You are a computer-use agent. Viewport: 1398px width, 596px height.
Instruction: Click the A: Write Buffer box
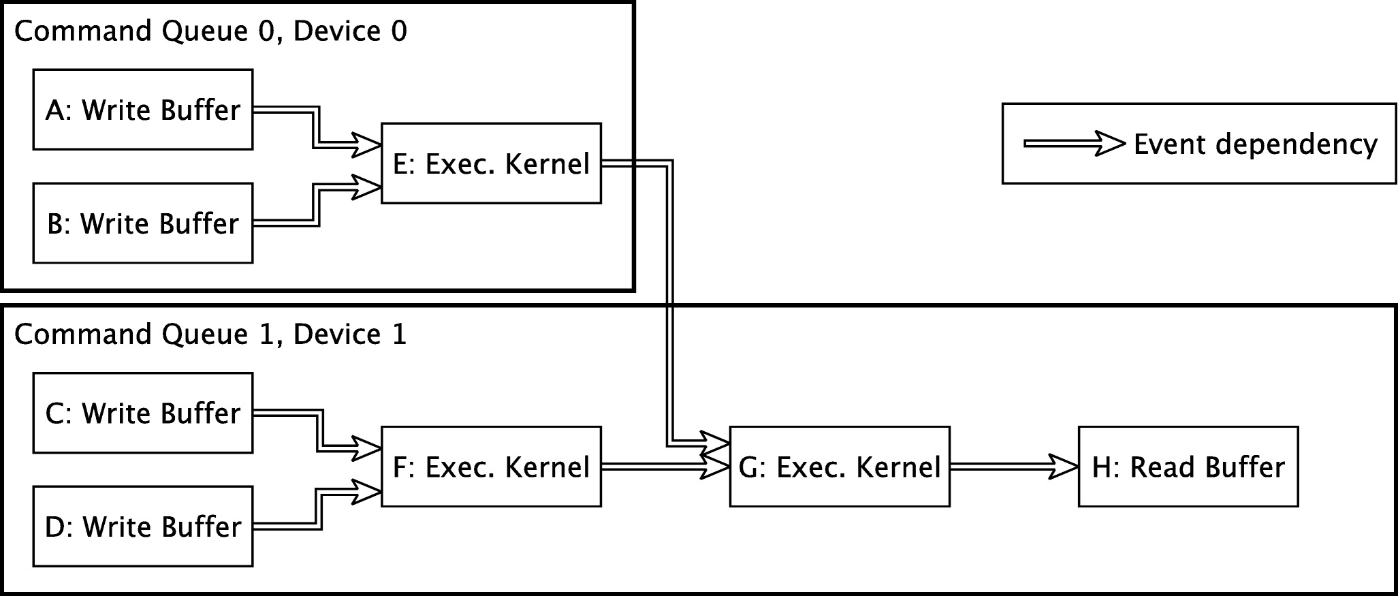(x=143, y=110)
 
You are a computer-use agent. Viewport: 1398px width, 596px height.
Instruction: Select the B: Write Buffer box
(x=143, y=223)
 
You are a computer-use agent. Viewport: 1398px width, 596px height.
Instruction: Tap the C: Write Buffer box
(x=143, y=413)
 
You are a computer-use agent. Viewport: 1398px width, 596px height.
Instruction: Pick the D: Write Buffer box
(x=143, y=527)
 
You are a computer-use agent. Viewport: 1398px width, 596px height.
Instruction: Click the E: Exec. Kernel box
(x=491, y=163)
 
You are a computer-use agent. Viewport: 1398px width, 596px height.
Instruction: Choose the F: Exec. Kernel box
(x=491, y=467)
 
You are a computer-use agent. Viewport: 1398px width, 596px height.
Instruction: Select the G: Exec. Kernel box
(x=839, y=467)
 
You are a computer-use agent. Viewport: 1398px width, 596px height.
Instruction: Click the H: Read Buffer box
(x=1188, y=467)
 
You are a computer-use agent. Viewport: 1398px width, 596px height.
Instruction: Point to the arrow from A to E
(x=317, y=127)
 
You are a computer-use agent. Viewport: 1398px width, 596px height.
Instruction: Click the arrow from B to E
(x=317, y=204)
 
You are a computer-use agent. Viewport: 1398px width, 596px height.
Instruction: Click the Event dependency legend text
(x=1255, y=144)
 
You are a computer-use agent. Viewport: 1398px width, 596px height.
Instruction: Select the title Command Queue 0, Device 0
(x=210, y=31)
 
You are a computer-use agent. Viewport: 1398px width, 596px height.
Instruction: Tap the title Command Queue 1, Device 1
(x=210, y=334)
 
